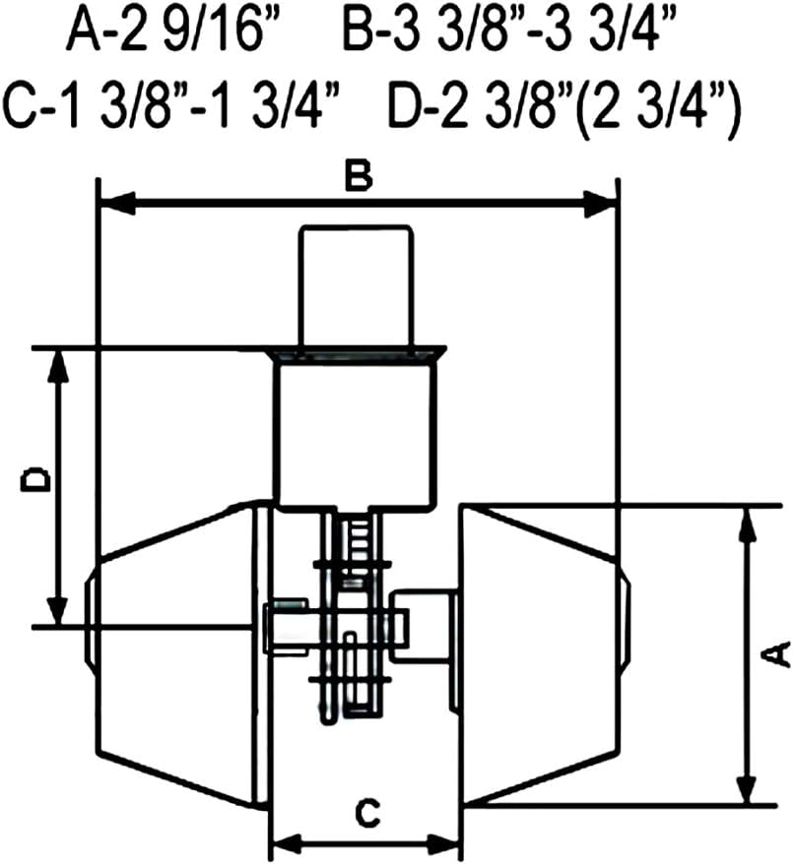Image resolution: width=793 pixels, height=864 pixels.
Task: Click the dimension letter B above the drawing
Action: (x=359, y=177)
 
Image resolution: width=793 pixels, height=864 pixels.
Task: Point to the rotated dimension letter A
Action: (x=777, y=652)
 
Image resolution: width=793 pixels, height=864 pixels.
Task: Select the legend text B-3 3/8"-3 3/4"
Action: (x=512, y=35)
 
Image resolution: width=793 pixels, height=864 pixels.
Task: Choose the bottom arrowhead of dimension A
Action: (x=747, y=788)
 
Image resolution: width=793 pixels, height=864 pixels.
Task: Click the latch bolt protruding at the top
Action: (x=356, y=285)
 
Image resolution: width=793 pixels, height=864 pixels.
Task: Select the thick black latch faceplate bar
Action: (x=356, y=352)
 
